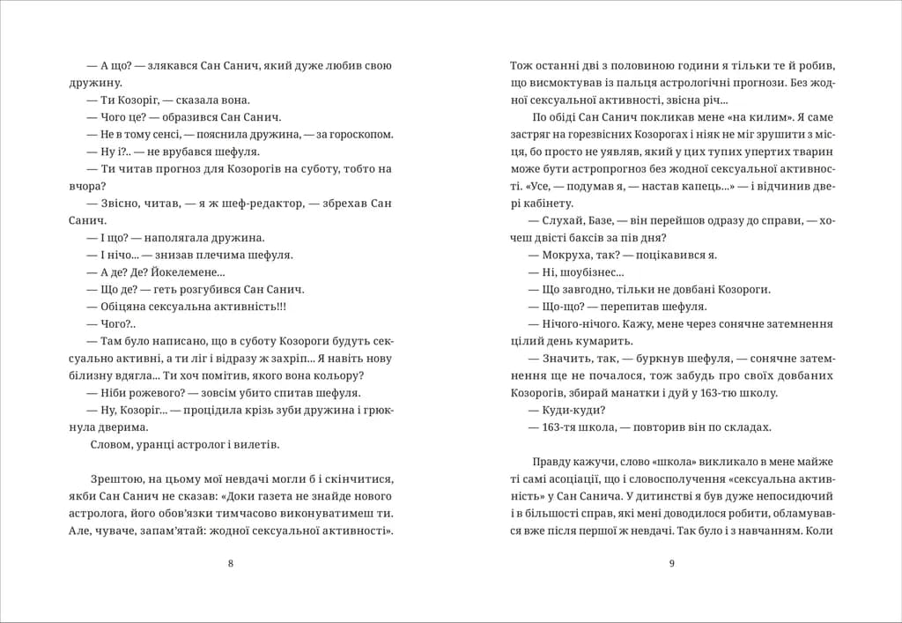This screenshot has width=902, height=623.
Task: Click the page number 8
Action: [x=231, y=564]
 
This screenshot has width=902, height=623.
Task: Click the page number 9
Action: [x=671, y=564]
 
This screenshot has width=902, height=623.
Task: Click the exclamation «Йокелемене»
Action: [x=180, y=271]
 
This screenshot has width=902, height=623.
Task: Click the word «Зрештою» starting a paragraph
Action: [x=118, y=478]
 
